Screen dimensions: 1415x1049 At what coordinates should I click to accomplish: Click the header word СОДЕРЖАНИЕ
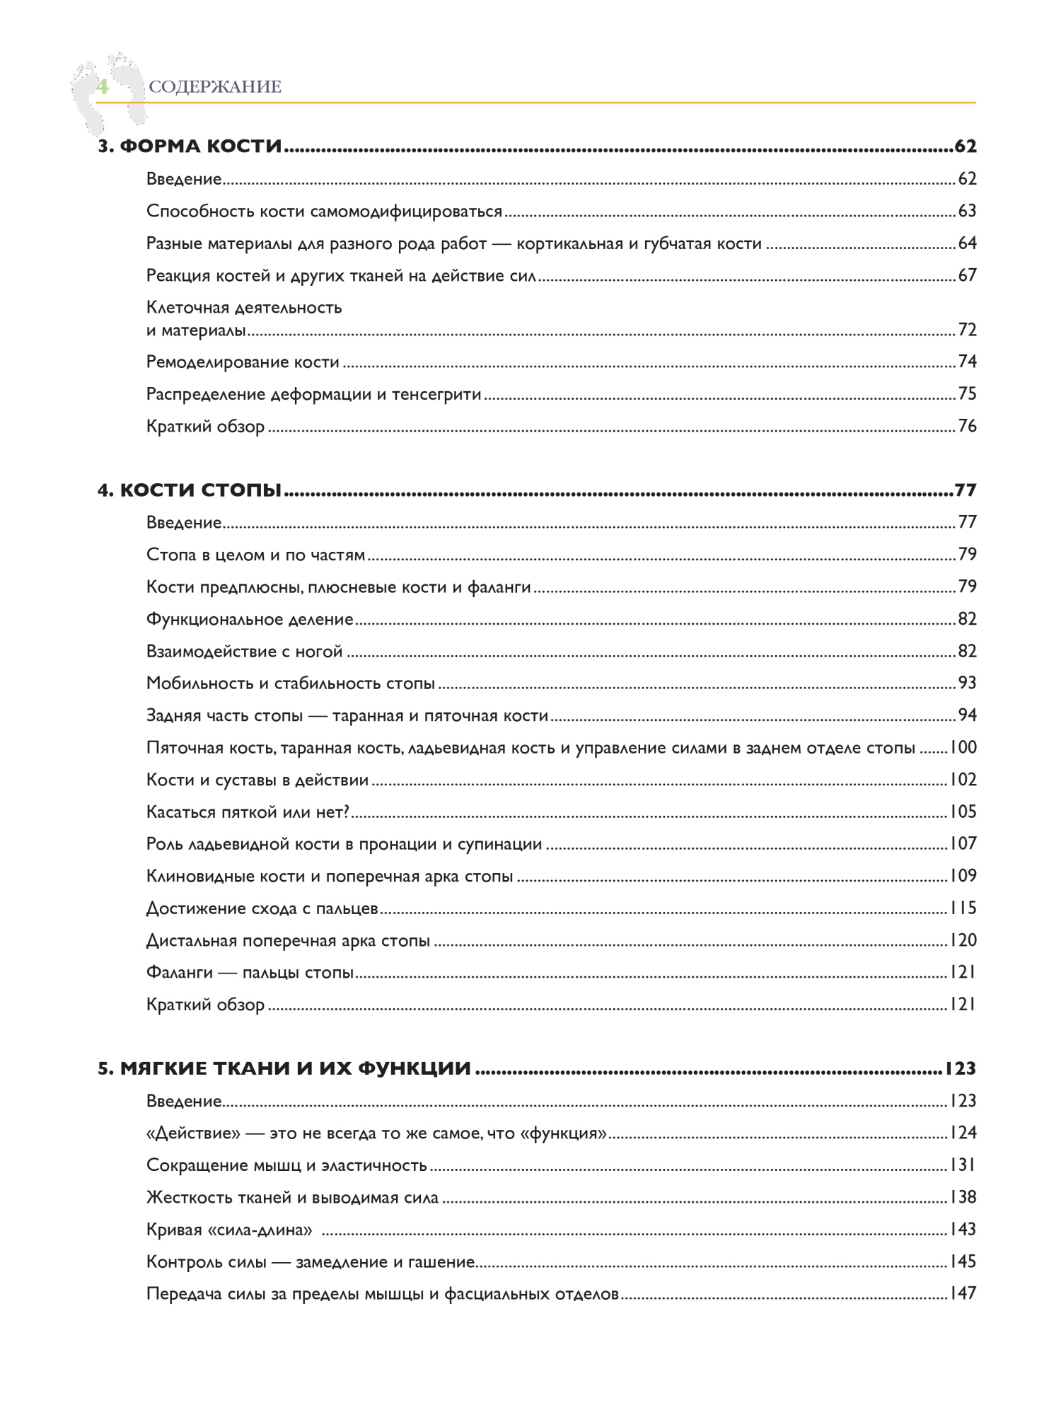tap(215, 87)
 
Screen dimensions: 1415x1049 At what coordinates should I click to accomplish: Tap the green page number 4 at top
tap(103, 87)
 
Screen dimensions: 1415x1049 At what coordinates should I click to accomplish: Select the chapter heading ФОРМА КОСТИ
tap(201, 146)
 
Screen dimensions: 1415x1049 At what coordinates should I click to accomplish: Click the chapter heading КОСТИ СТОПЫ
tap(201, 490)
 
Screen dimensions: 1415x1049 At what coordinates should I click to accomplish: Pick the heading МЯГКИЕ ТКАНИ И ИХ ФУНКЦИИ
tap(295, 1068)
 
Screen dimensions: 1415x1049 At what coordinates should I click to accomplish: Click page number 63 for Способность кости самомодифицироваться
tap(966, 211)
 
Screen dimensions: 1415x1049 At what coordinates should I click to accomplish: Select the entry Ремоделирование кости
tap(243, 362)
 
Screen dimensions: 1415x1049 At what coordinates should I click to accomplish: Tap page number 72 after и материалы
tap(966, 330)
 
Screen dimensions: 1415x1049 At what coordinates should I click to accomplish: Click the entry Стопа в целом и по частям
tap(255, 555)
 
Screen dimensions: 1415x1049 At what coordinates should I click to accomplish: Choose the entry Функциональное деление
tap(250, 619)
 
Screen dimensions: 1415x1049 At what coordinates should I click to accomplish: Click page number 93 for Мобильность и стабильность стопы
tap(966, 683)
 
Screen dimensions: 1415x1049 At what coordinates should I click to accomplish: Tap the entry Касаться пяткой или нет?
tap(248, 812)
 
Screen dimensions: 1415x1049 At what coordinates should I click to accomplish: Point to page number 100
tap(962, 747)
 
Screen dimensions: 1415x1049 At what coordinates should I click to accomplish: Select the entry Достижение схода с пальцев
tap(262, 908)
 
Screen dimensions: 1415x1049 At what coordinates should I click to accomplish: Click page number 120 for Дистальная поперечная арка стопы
tap(962, 940)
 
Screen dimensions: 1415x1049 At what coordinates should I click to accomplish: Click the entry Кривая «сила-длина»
tap(229, 1230)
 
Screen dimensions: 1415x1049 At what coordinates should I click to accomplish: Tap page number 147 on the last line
tap(962, 1293)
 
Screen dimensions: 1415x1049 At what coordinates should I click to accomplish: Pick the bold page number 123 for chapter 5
tap(960, 1068)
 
